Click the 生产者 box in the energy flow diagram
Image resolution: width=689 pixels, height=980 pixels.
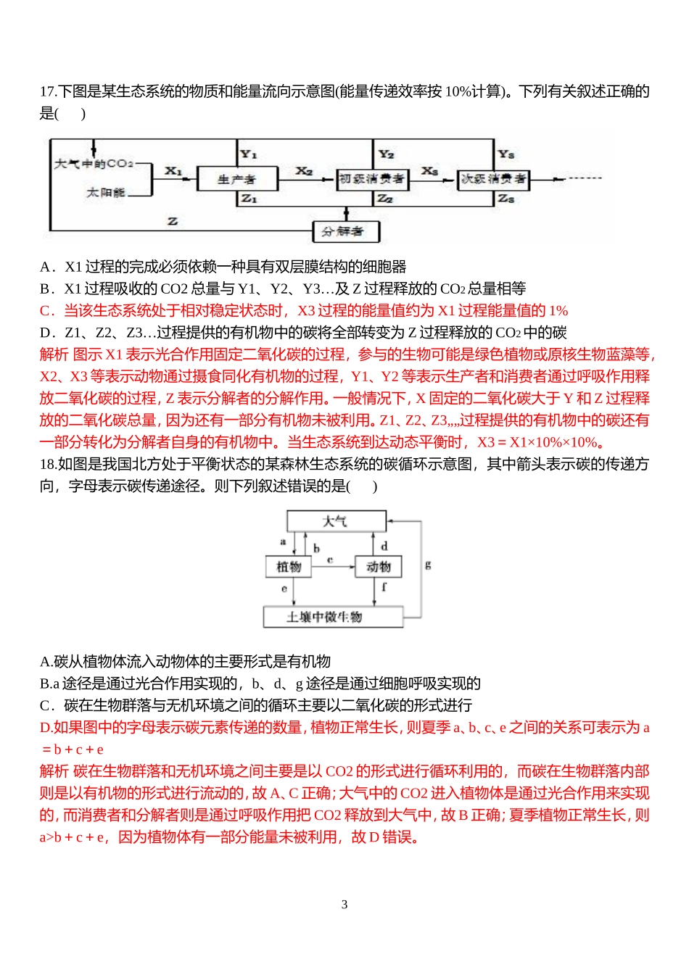236,178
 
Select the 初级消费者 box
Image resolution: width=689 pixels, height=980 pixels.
372,178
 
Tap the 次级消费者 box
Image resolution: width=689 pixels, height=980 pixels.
493,178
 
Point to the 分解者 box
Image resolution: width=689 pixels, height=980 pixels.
345,231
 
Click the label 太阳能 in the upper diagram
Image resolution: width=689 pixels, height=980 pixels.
106,193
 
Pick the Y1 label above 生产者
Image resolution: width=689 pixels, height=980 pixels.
249,154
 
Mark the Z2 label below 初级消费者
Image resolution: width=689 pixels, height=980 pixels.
385,199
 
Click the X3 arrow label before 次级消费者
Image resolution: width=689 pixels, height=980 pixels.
429,171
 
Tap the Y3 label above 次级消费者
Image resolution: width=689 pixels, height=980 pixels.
506,154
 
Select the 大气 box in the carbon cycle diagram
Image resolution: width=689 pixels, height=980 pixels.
336,521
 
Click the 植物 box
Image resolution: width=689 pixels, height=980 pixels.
289,567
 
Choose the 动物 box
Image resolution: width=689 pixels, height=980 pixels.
378,567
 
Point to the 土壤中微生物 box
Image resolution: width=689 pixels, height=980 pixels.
333,617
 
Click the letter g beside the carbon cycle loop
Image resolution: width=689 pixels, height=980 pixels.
428,564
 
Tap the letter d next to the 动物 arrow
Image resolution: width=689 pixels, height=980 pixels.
384,546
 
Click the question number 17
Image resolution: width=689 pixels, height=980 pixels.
47,91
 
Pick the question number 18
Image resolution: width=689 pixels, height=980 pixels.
47,464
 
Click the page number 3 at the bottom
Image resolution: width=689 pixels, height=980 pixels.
344,904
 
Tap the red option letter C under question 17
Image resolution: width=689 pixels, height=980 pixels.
45,311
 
